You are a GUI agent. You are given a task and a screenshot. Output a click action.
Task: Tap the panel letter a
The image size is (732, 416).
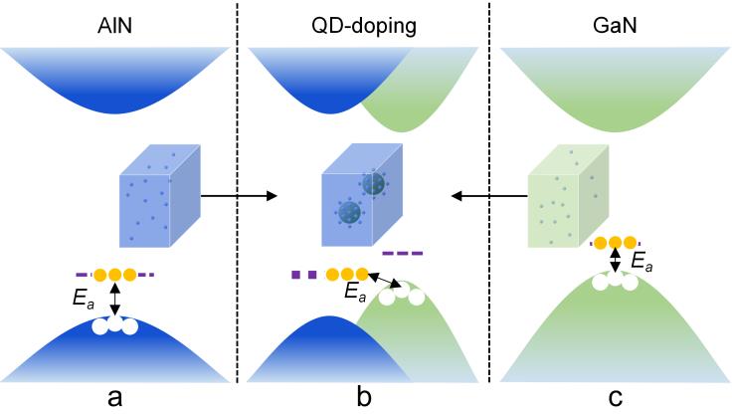point(115,398)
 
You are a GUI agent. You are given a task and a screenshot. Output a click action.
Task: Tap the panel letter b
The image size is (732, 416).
point(364,398)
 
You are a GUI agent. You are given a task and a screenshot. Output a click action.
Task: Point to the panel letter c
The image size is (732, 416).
point(616,398)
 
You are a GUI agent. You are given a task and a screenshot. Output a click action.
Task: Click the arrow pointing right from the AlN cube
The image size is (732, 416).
point(239,196)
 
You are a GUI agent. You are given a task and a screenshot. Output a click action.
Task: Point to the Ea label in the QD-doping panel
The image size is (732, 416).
point(354,294)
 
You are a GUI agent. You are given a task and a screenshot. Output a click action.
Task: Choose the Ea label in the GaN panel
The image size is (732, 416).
point(642,262)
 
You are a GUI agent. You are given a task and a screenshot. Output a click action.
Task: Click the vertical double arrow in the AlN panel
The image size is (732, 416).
point(115,298)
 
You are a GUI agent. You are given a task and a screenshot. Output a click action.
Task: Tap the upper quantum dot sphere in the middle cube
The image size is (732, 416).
point(374,184)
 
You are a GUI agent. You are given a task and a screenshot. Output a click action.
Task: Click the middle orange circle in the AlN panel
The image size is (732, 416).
point(115,274)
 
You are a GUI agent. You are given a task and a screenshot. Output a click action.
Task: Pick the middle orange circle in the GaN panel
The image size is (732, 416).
point(616,241)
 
